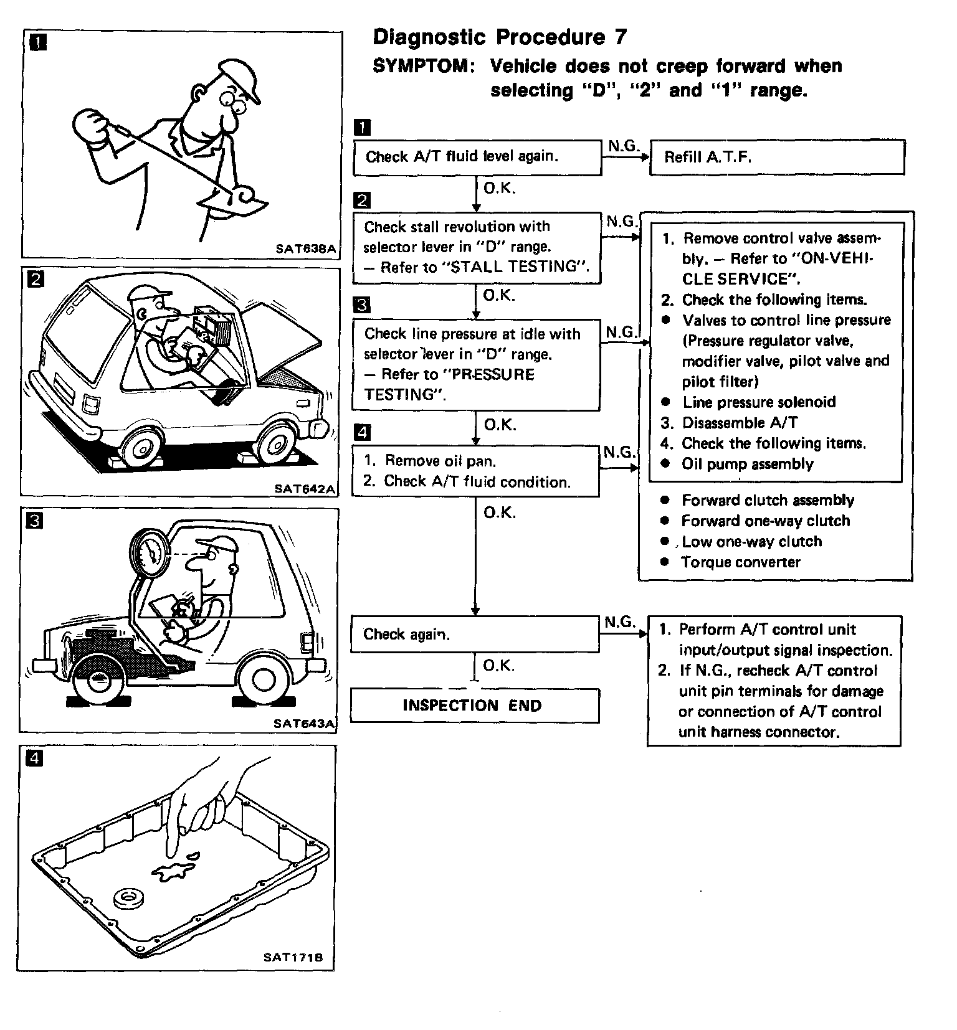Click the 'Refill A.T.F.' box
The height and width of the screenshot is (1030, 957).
[776, 157]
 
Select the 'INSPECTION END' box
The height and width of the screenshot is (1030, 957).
[475, 706]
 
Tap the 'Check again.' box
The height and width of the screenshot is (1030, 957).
[475, 635]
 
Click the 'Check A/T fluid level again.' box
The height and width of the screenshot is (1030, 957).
[477, 157]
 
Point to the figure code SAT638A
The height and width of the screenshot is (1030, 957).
[305, 249]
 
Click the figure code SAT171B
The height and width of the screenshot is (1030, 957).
[293, 958]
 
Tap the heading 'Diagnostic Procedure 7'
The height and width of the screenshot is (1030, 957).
[500, 37]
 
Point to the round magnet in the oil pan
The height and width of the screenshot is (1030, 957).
[128, 899]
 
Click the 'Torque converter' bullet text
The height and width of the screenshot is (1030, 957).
[740, 562]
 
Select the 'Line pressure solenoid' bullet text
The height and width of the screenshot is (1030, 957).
[759, 402]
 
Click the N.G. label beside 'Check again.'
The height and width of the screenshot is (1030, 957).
[619, 622]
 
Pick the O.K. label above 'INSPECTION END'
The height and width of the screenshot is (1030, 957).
[499, 666]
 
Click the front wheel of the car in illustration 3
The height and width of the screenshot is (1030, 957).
[98, 683]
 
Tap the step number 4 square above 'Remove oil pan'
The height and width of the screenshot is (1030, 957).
[362, 432]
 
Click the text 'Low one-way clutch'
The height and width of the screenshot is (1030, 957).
[751, 542]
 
